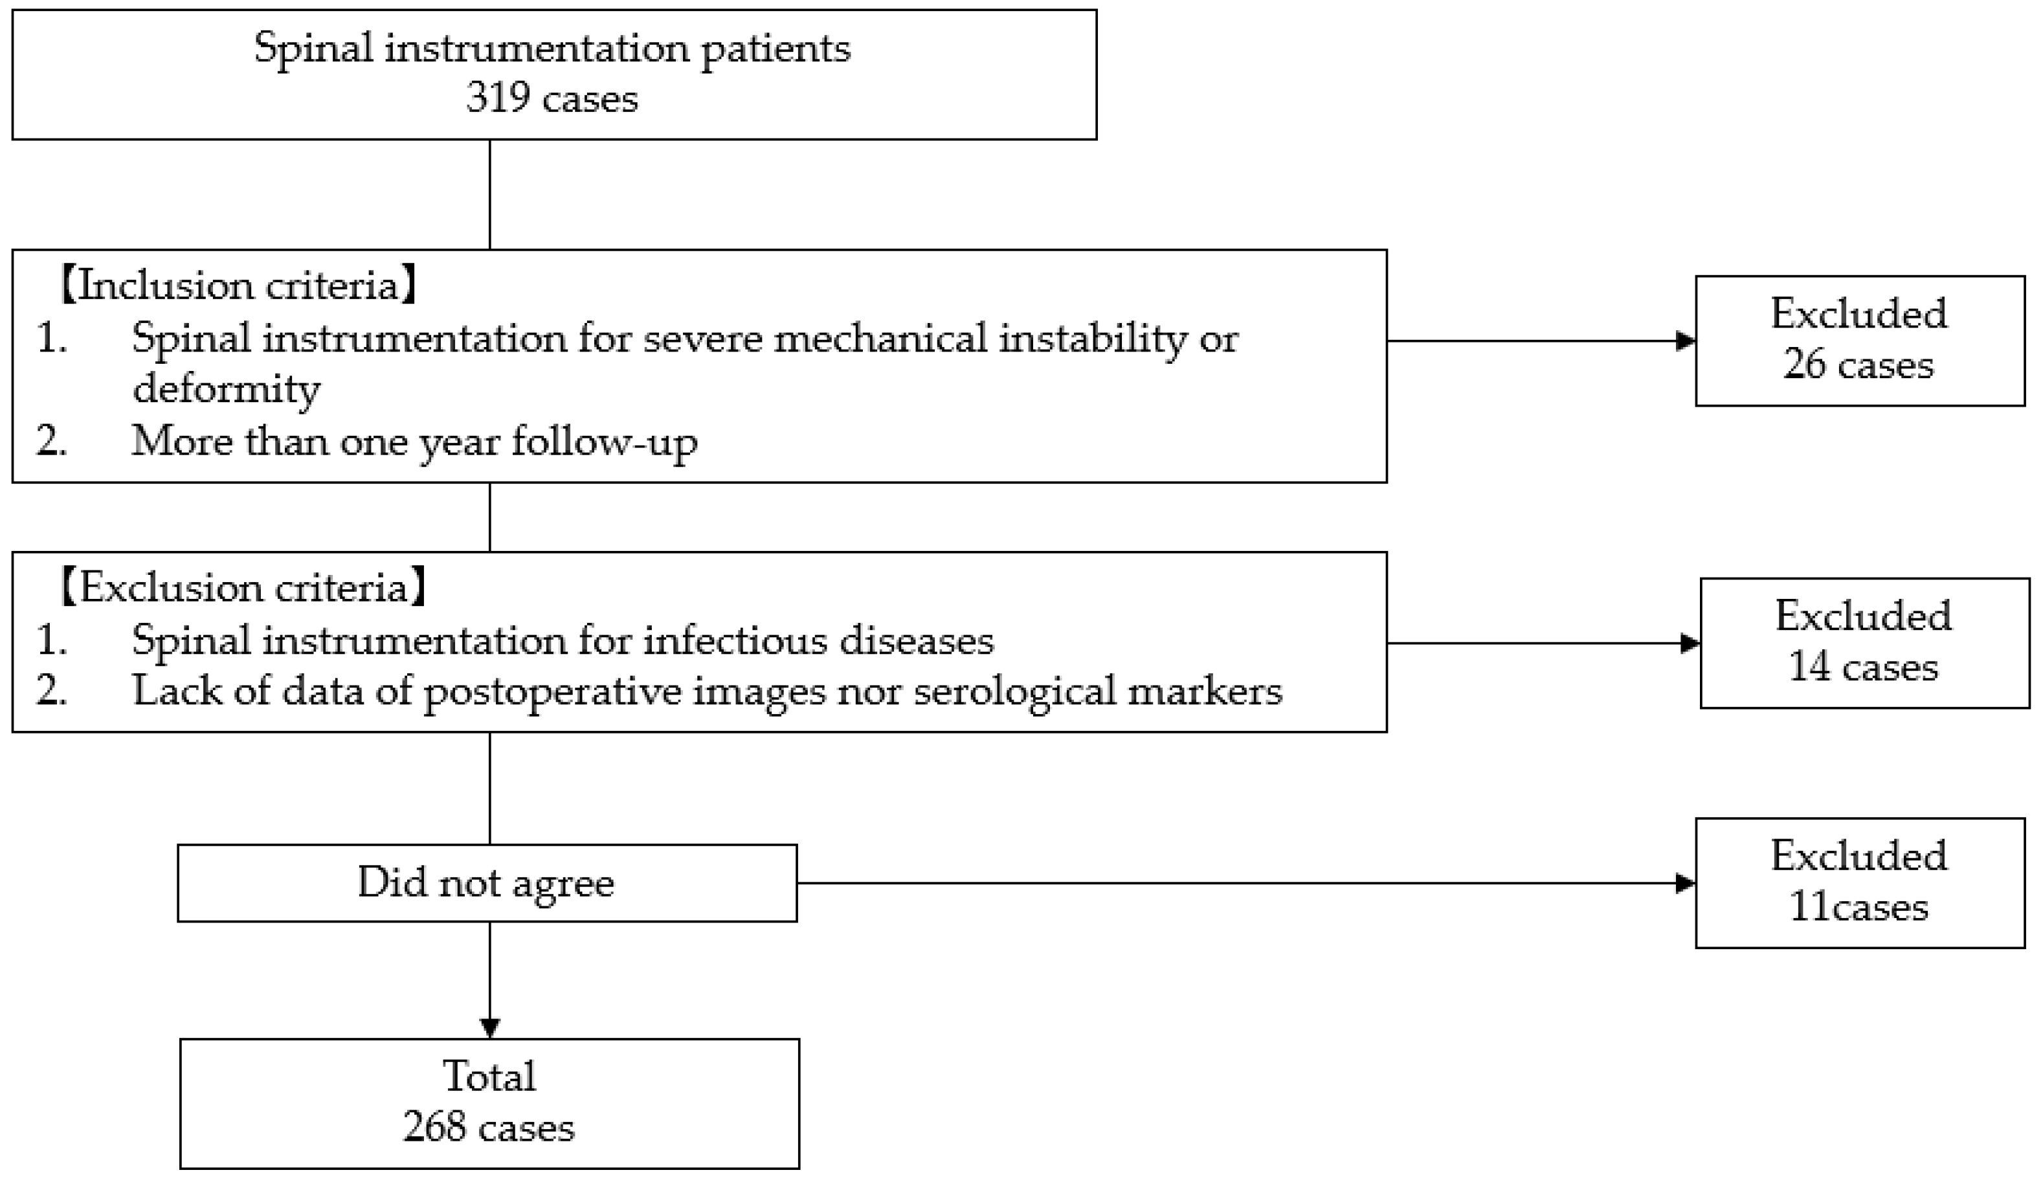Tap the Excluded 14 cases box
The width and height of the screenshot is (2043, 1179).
tap(1864, 643)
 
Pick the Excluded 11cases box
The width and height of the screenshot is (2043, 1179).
tap(1859, 882)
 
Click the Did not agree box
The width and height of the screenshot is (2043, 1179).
tap(486, 882)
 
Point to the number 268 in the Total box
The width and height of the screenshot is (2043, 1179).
tap(434, 1127)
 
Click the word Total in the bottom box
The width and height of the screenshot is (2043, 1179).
tap(489, 1077)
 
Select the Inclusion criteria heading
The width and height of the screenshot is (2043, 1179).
tap(238, 286)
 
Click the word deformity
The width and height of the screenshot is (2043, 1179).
tap(227, 390)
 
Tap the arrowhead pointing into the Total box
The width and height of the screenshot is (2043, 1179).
tap(489, 1027)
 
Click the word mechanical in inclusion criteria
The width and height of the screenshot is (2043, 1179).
tap(880, 339)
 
